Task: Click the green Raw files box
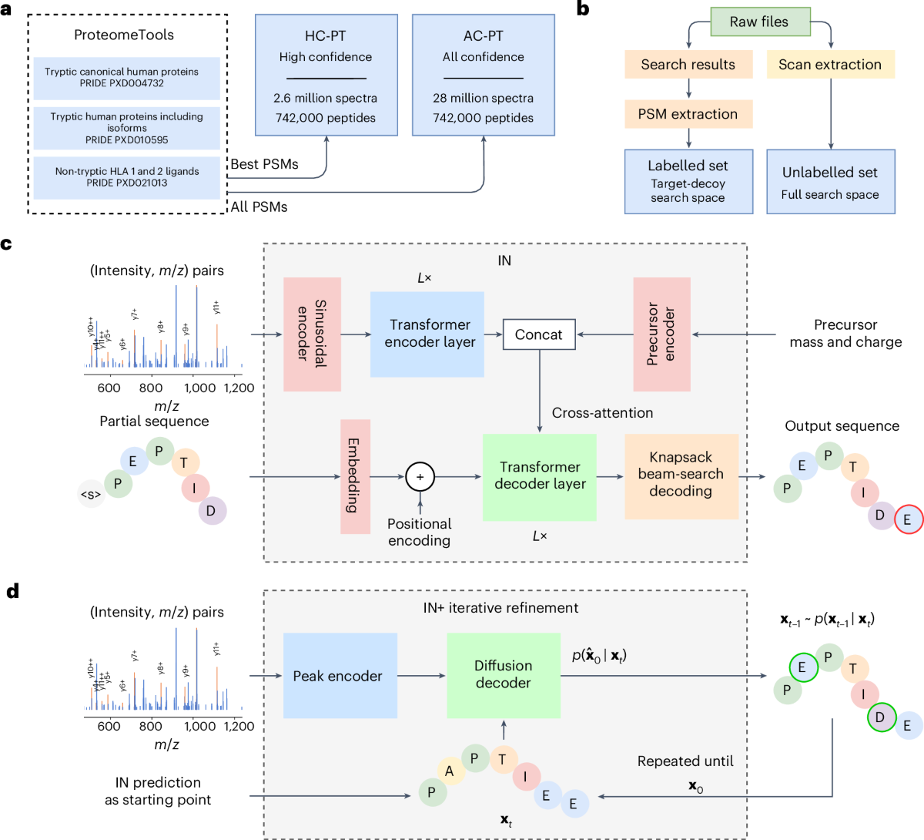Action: coord(759,22)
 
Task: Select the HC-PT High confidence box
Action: coord(326,76)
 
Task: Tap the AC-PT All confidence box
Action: coord(484,76)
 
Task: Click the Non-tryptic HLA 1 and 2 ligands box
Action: coord(127,177)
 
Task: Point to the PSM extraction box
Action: coord(688,114)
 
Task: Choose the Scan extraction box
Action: coord(830,65)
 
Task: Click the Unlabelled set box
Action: coord(830,182)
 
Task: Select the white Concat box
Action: coord(539,334)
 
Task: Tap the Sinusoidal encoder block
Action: coord(312,334)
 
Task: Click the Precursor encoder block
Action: coord(662,334)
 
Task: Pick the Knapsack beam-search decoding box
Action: coord(681,475)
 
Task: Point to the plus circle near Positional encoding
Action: coord(420,477)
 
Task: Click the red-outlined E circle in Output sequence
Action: coord(908,519)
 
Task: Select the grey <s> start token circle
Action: coord(91,495)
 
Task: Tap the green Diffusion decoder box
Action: coord(504,675)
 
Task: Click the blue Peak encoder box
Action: coord(340,676)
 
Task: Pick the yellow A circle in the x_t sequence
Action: coord(449,771)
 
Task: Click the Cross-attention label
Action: coord(602,413)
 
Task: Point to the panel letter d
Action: coord(12,592)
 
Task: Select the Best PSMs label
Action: coord(264,164)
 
